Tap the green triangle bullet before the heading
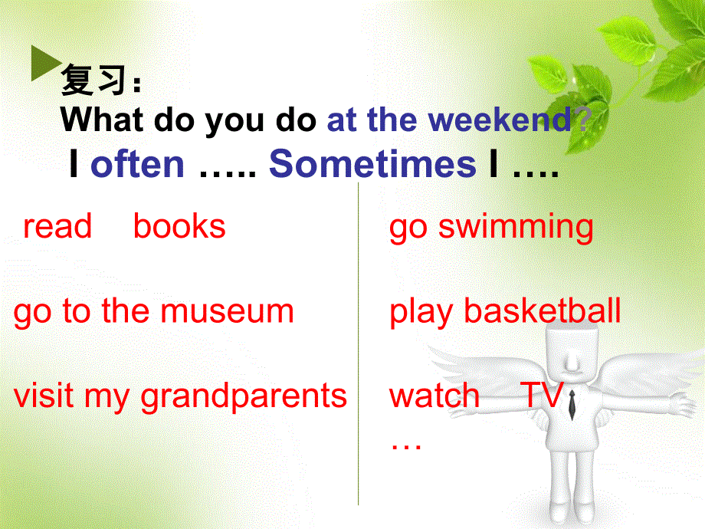pos(41,64)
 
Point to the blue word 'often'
pos(137,164)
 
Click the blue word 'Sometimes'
pos(372,164)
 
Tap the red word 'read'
pos(57,227)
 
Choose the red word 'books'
pos(179,227)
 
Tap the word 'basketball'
pos(543,312)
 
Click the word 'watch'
pos(434,396)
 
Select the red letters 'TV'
pos(542,396)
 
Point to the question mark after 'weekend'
pos(582,120)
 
